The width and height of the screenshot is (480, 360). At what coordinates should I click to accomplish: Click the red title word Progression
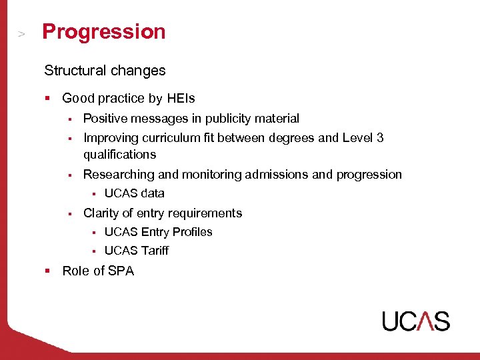tap(103, 32)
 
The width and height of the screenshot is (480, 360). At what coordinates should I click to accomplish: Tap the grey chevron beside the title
tap(22, 33)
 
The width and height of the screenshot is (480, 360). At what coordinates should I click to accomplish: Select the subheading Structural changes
tap(105, 70)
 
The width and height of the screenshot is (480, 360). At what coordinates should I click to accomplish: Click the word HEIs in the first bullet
tap(181, 99)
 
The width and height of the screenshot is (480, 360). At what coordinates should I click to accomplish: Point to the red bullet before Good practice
tap(48, 99)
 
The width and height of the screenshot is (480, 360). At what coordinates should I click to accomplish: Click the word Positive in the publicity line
tap(105, 119)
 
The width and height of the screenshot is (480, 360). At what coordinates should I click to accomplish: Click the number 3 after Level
tap(380, 138)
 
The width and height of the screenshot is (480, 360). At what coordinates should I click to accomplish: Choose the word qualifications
tap(119, 155)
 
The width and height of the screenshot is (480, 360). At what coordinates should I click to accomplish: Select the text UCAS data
tap(134, 193)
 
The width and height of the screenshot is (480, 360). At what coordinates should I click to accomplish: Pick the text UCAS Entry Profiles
tap(158, 232)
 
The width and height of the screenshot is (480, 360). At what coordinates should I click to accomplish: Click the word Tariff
tap(155, 251)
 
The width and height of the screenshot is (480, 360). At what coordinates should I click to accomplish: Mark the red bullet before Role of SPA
tap(48, 271)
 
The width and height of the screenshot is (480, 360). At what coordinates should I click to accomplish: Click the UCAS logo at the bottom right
tap(416, 321)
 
